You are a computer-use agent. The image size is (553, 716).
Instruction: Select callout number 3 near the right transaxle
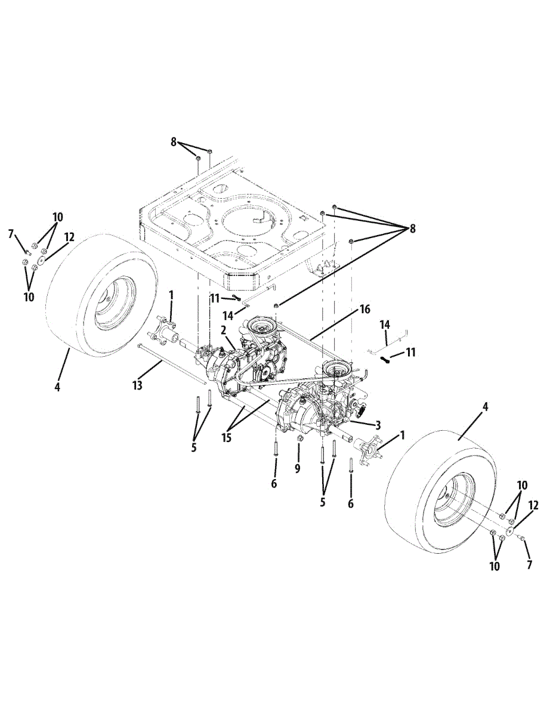click(x=378, y=425)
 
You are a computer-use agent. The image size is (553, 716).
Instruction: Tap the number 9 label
click(x=298, y=468)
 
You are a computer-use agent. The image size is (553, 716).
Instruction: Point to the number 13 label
click(x=138, y=385)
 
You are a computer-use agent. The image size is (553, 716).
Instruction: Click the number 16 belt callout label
click(x=364, y=309)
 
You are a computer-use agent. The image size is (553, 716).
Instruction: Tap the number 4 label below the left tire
click(x=57, y=387)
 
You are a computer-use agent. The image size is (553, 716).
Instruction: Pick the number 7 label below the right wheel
click(x=529, y=564)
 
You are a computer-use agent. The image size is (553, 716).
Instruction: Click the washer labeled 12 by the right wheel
click(x=511, y=531)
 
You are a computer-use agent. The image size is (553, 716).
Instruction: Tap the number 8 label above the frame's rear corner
click(x=174, y=142)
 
